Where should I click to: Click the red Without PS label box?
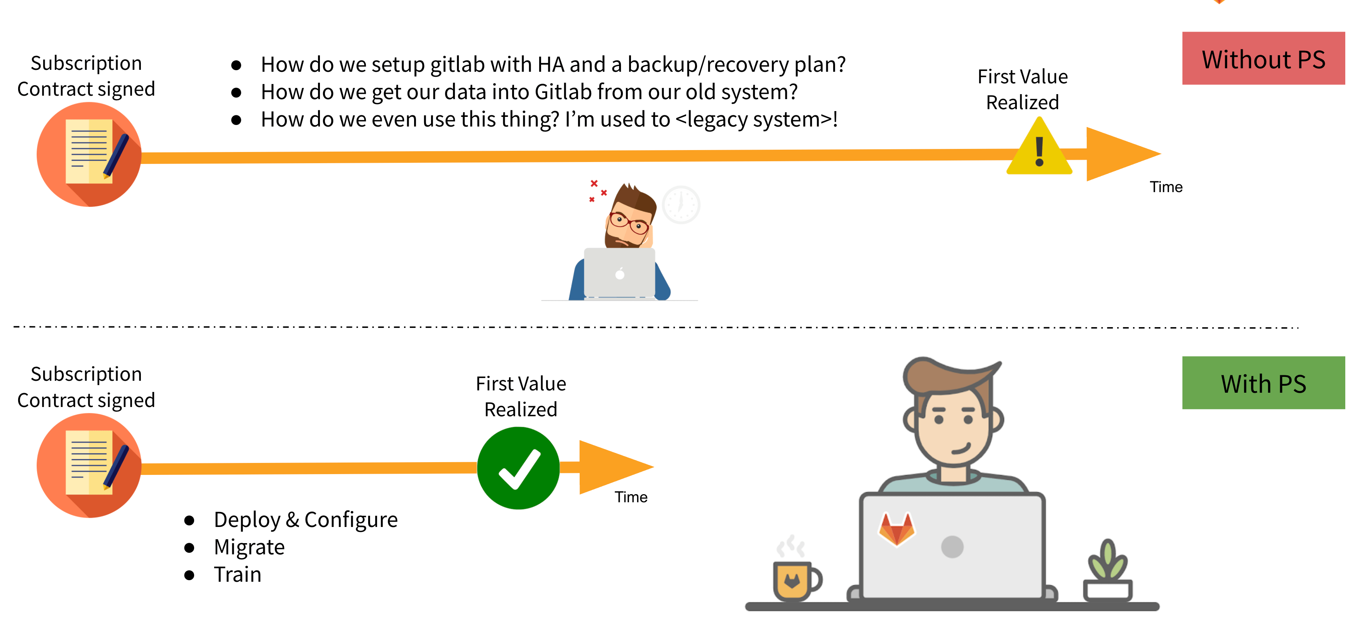click(x=1263, y=58)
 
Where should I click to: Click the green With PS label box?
click(x=1263, y=383)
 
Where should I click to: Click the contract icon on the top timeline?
click(x=89, y=154)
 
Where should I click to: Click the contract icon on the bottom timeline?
click(x=89, y=465)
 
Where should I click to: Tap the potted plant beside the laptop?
click(x=1108, y=572)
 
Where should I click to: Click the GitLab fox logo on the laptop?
click(x=896, y=528)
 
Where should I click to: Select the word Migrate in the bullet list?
click(x=249, y=547)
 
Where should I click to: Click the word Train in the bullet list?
click(x=237, y=574)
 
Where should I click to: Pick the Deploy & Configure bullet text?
click(x=306, y=520)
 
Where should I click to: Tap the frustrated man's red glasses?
click(x=628, y=222)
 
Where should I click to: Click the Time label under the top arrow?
click(x=1165, y=187)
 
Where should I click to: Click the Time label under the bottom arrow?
click(x=631, y=497)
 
